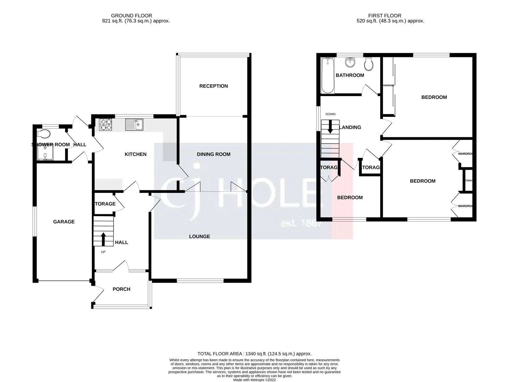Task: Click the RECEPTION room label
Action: point(213,86)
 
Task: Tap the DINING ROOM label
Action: point(213,154)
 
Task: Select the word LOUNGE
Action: point(199,237)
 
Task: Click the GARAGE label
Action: point(64,222)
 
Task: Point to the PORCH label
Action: point(122,289)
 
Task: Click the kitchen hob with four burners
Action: point(106,124)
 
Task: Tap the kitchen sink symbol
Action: point(134,124)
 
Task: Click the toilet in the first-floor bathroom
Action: point(369,64)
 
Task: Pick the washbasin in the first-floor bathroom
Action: point(350,62)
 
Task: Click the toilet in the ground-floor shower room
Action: point(43,133)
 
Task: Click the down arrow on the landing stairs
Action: point(330,126)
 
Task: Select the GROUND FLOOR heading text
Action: point(131,16)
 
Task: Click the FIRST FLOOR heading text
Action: point(385,16)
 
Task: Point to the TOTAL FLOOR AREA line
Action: point(254,354)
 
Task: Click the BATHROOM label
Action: point(350,75)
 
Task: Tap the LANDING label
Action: point(350,127)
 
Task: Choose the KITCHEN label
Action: point(136,154)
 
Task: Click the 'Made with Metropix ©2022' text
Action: point(254,380)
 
